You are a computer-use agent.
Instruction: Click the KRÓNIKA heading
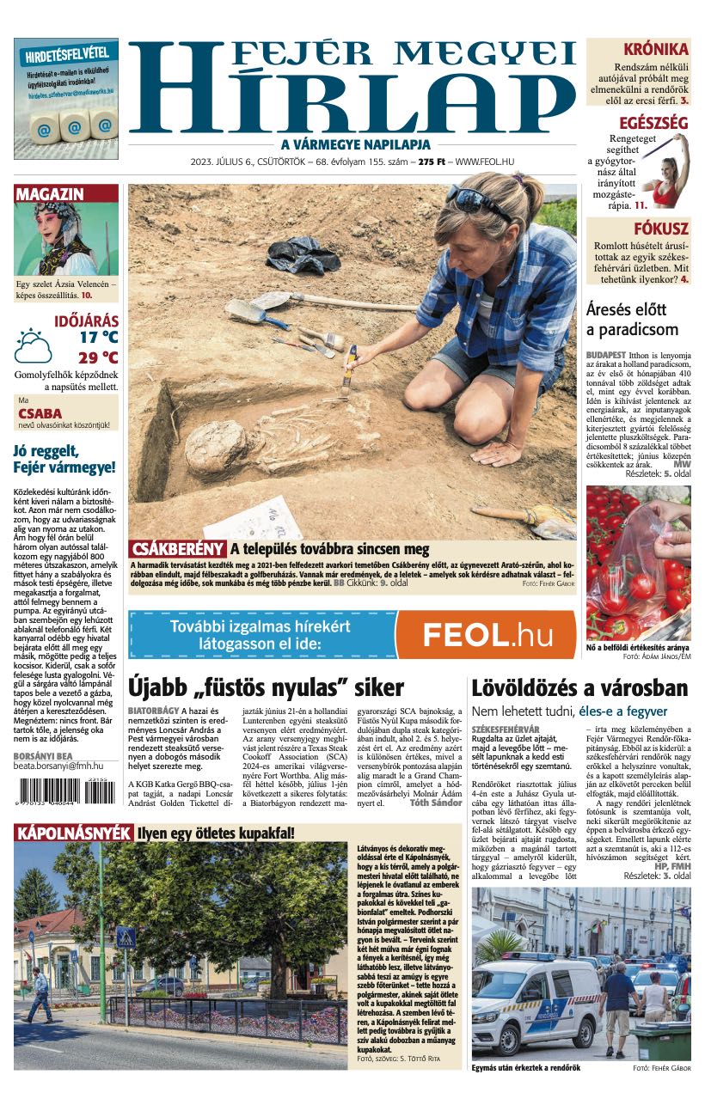point(655,49)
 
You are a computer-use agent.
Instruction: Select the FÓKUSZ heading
point(660,229)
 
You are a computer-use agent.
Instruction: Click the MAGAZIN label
point(50,194)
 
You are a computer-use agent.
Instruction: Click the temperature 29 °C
point(98,357)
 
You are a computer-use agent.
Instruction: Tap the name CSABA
point(40,413)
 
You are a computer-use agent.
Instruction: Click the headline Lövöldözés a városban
point(579,688)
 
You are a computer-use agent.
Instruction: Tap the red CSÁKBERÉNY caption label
point(178,549)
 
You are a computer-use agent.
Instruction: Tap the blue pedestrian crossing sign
point(126,937)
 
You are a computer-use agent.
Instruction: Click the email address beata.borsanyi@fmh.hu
point(58,766)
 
